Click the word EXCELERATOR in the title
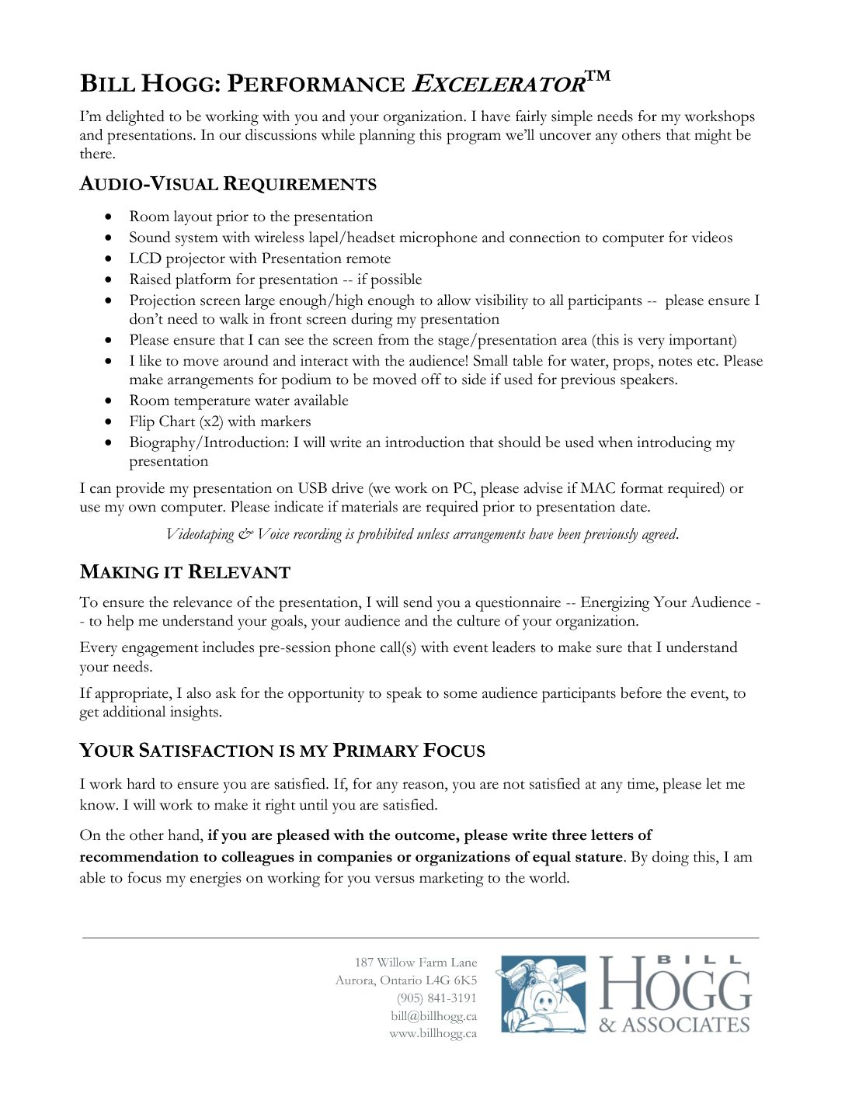(x=498, y=84)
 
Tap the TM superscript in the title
(x=598, y=75)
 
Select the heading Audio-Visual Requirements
(x=228, y=185)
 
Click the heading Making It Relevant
(x=185, y=573)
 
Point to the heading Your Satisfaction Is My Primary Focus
(x=282, y=751)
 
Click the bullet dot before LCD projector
(x=110, y=259)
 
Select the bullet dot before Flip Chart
(x=110, y=422)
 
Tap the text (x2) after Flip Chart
(x=211, y=422)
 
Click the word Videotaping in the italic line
(x=200, y=534)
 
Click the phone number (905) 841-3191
(x=436, y=998)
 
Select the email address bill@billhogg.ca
(x=433, y=1016)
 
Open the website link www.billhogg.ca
(x=433, y=1034)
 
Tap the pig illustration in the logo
(x=543, y=994)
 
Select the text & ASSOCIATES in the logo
(x=674, y=1025)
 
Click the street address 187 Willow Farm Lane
(x=416, y=963)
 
